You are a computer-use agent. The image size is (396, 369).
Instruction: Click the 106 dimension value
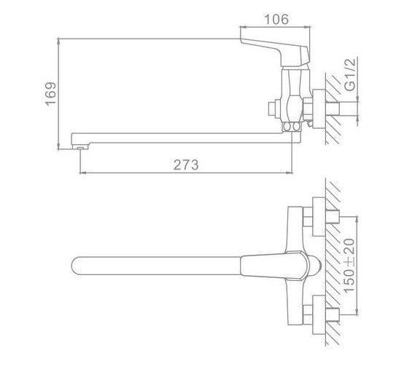point(276,19)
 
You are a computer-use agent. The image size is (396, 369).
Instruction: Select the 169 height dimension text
point(50,93)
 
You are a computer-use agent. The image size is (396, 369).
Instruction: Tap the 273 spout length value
point(186,164)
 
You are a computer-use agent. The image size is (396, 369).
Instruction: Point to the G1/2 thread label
point(350,74)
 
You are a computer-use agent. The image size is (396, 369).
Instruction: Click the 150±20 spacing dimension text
point(349,266)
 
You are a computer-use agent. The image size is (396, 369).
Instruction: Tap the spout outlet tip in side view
point(80,147)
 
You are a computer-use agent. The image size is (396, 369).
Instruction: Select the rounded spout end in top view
point(76,266)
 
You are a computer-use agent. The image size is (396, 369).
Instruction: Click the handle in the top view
point(275,266)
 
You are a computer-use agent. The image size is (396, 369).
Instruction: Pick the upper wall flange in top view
point(319,217)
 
